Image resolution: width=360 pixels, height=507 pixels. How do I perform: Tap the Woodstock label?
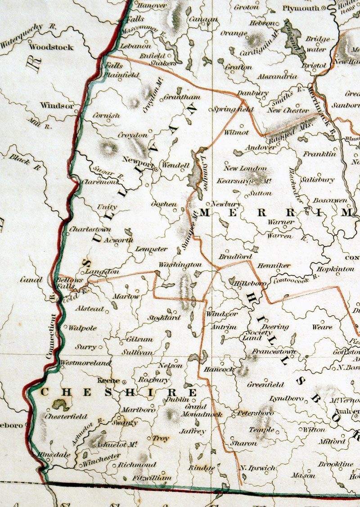[x=51, y=47]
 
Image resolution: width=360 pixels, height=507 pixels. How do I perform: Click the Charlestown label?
[x=90, y=229]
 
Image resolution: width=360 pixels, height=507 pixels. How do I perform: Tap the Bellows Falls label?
[x=69, y=283]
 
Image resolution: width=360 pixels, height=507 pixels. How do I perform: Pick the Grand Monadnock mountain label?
[x=196, y=410]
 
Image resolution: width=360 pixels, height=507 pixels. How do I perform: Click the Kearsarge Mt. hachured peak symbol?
[x=257, y=175]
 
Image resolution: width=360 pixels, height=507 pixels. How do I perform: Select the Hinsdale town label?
[x=54, y=455]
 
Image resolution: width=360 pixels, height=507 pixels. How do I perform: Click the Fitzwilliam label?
[x=152, y=477]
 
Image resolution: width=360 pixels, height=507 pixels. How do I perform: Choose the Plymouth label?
[x=301, y=8]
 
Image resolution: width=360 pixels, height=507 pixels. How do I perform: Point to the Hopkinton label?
[x=335, y=269]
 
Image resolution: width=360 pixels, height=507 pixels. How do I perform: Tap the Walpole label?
[x=82, y=328]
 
